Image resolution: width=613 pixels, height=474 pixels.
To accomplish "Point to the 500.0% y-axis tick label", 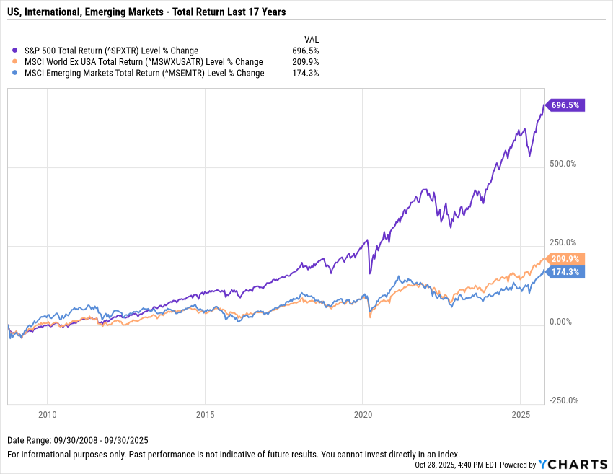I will tap(563, 164).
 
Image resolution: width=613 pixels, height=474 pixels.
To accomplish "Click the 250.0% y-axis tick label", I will tap(563, 242).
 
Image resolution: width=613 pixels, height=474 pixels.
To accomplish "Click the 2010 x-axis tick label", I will tap(47, 416).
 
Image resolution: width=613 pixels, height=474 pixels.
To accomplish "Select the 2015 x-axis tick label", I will tap(205, 416).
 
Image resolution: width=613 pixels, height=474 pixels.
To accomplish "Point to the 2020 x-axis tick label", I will tap(363, 416).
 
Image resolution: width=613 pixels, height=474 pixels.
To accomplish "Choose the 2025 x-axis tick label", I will tap(521, 416).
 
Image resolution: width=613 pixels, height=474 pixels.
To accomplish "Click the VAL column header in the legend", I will tap(311, 39).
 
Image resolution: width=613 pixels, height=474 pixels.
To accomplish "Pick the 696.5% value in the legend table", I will tap(306, 51).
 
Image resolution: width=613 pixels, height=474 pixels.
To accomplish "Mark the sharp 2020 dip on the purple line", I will tap(371, 273).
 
